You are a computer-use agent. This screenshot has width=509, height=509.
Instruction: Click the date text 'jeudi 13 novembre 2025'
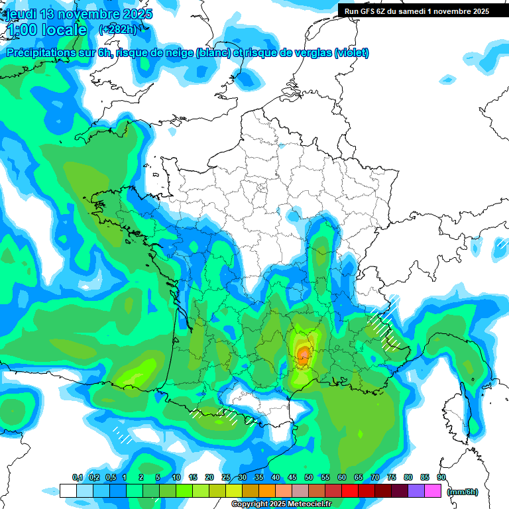(x=78, y=14)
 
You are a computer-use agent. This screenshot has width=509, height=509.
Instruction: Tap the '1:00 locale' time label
(x=46, y=30)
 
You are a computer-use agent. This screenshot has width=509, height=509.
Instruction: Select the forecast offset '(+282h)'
(x=118, y=30)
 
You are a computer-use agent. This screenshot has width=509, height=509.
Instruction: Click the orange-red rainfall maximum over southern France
(x=304, y=356)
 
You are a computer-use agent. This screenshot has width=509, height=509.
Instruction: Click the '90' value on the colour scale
(x=441, y=477)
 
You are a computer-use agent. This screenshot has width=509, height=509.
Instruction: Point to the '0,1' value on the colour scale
(x=77, y=477)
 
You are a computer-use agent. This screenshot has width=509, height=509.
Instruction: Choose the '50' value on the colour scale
(x=309, y=477)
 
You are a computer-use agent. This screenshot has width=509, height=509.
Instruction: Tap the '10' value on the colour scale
(x=176, y=477)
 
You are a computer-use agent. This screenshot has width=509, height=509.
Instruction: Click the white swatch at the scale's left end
(x=68, y=490)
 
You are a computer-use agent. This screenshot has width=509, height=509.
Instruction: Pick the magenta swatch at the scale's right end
(x=433, y=490)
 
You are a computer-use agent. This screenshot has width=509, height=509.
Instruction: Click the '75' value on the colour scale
(x=392, y=477)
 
